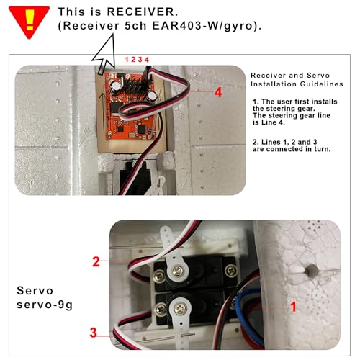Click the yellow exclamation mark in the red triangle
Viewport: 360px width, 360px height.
click(x=30, y=19)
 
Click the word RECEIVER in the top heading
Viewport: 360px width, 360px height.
click(x=143, y=12)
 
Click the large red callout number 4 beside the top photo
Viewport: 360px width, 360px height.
click(x=218, y=92)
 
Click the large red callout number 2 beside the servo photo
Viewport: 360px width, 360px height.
click(x=96, y=261)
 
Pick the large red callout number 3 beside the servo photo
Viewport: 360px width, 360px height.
click(x=93, y=333)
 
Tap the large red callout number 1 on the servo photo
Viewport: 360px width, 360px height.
click(x=293, y=307)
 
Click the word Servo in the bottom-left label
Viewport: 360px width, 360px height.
click(x=35, y=291)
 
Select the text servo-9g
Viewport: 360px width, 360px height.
click(x=45, y=305)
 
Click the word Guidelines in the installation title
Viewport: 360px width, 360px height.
click(x=321, y=84)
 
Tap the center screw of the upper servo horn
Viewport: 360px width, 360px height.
click(x=177, y=271)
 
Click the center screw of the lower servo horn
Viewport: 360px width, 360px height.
click(x=180, y=309)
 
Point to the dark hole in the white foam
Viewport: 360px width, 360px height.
click(x=312, y=271)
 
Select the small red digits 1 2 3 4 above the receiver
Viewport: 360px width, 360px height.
click(x=137, y=60)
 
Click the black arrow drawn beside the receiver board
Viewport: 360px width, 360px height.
click(x=102, y=110)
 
